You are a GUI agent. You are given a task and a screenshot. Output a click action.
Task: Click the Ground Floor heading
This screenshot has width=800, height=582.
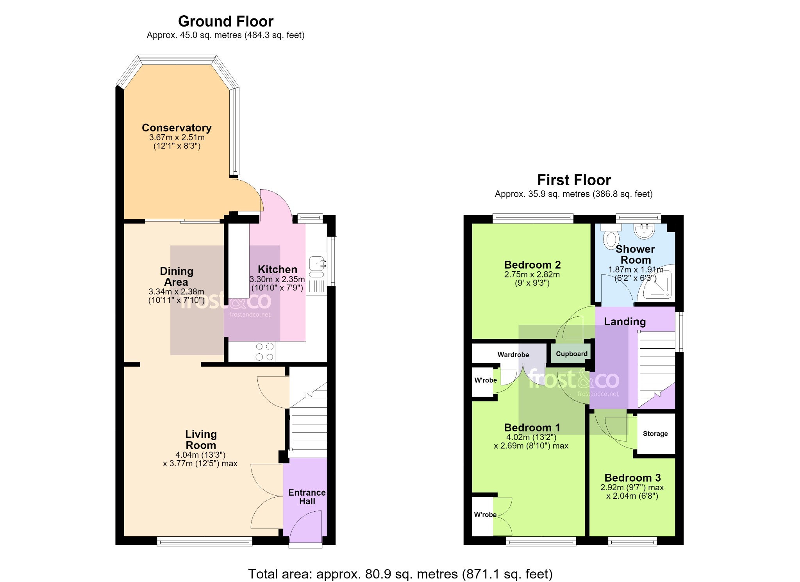225,21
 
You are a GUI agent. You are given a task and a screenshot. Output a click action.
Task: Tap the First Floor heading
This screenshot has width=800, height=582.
574,180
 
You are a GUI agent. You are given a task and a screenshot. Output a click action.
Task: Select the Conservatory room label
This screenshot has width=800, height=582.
177,128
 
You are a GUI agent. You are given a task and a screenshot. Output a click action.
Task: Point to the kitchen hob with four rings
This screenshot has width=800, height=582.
264,351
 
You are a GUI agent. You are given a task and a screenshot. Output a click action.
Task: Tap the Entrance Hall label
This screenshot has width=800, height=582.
307,497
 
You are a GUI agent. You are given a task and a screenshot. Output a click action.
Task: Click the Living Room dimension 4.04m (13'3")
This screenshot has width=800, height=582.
200,455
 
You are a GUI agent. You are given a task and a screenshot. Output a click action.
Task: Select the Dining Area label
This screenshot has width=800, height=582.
177,276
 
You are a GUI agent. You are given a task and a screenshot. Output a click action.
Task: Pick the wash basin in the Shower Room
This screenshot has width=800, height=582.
645,231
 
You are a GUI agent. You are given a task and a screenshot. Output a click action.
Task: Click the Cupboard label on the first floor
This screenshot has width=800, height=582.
571,354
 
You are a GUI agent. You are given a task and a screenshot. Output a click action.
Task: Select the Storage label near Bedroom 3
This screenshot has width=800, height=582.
655,433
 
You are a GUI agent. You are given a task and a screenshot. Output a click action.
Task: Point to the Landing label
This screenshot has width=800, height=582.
625,322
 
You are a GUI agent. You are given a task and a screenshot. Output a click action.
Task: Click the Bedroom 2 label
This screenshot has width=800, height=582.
532,265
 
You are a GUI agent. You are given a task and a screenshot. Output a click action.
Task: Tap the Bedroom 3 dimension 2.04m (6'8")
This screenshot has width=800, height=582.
632,496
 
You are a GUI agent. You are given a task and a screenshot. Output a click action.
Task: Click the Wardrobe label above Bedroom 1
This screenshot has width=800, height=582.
513,355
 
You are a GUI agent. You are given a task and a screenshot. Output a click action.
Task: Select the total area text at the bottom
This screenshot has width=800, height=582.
400,574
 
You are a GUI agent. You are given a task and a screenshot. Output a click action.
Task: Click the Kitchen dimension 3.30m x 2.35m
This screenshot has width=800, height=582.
277,279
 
